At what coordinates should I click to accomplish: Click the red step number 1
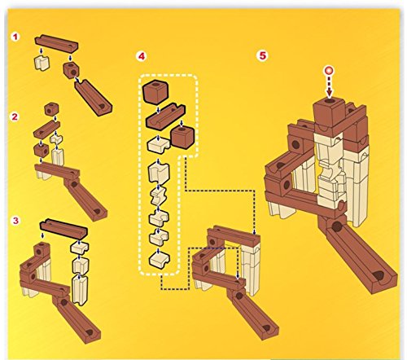tap(15, 37)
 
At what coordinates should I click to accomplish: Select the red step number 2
tap(15, 116)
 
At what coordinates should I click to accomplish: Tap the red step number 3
tap(15, 221)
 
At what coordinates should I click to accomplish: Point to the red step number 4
tap(142, 56)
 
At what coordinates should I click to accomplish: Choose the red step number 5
tap(262, 55)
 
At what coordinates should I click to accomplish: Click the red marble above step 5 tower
tap(330, 71)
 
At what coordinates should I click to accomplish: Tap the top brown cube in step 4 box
tap(155, 92)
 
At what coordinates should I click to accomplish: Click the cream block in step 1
tap(42, 63)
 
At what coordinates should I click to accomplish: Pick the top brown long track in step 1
tap(56, 43)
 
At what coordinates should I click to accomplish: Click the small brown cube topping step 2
tap(51, 109)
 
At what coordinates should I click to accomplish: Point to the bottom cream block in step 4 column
tap(160, 260)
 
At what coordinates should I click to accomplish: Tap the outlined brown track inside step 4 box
tap(165, 116)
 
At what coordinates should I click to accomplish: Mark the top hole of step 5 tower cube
tap(330, 101)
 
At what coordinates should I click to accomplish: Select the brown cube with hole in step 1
tap(72, 69)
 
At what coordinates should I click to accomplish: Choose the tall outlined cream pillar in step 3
tap(80, 290)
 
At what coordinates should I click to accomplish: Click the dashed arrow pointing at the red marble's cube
tap(330, 86)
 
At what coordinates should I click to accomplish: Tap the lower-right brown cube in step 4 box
tap(182, 138)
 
